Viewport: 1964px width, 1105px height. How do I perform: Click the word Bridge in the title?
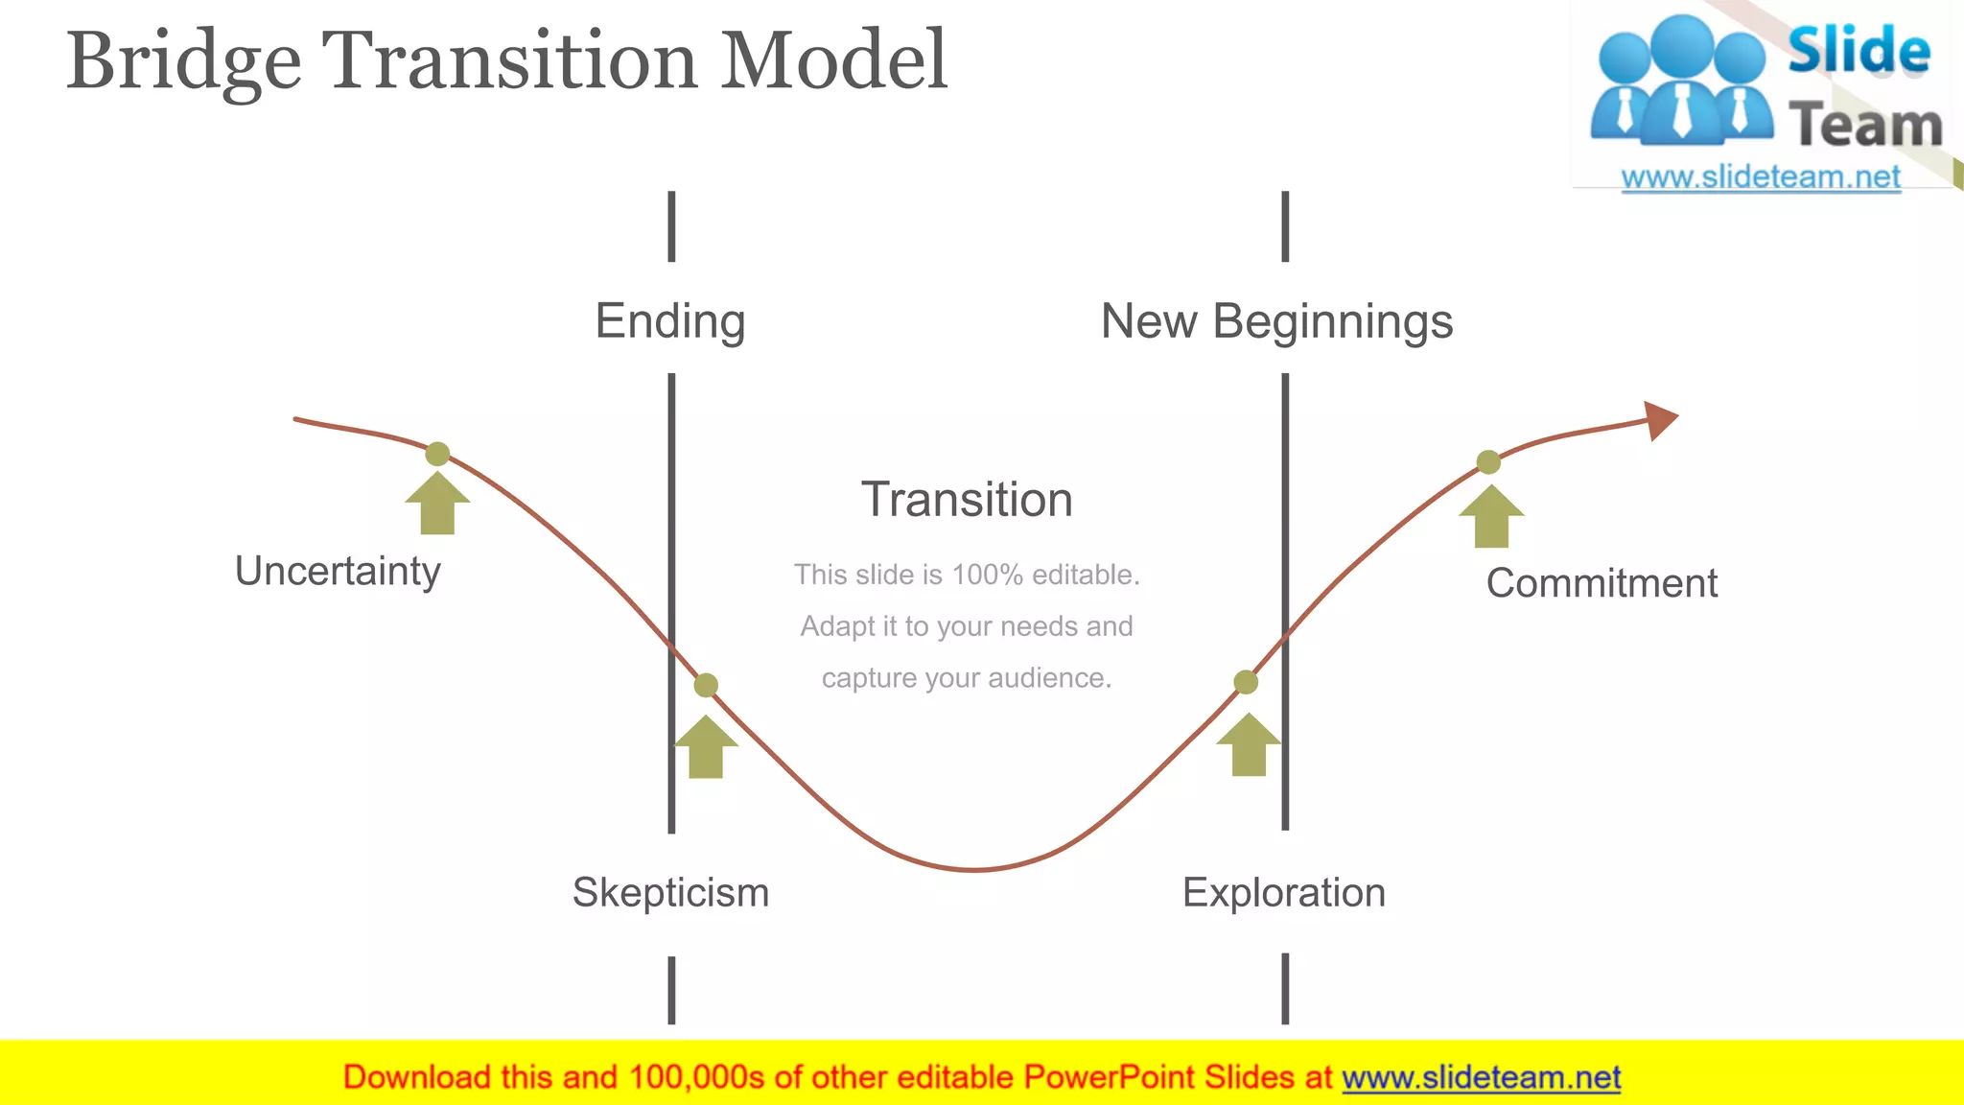[x=183, y=61]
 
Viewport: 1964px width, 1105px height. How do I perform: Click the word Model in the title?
[x=833, y=61]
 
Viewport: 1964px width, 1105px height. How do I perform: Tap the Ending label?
[x=670, y=321]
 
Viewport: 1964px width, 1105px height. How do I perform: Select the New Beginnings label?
[x=1276, y=321]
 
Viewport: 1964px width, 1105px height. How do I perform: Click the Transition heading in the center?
[x=967, y=500]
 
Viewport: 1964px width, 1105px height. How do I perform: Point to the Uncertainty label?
[x=338, y=572]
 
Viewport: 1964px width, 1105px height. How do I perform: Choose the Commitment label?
[x=1602, y=583]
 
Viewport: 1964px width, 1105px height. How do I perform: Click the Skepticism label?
[x=670, y=893]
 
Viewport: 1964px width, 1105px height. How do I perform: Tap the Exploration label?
[x=1284, y=893]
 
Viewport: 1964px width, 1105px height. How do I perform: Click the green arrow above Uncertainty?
[x=437, y=505]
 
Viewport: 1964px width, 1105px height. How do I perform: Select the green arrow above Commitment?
[x=1491, y=518]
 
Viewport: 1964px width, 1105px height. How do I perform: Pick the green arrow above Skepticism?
[x=706, y=748]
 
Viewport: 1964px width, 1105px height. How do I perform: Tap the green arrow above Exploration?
[x=1249, y=746]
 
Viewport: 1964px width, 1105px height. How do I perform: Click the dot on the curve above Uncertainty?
[x=437, y=454]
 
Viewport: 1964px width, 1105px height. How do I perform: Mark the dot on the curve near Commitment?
[x=1488, y=462]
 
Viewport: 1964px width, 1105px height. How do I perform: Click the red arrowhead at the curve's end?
[x=1660, y=420]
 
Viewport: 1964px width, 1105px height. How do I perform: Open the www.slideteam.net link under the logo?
[x=1761, y=177]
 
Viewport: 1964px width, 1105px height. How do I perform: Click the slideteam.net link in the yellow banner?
[x=1481, y=1078]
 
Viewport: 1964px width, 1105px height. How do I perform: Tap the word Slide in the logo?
[x=1859, y=51]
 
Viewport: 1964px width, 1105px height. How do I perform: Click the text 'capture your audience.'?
[x=967, y=678]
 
